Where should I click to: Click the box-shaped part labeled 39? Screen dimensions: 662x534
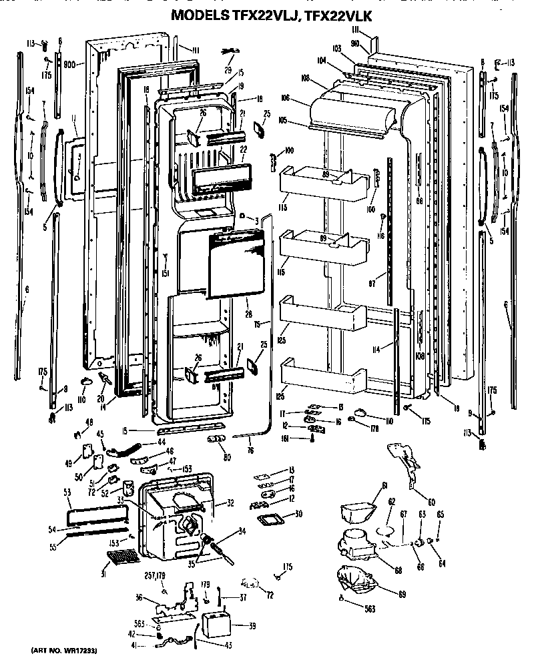[217, 625]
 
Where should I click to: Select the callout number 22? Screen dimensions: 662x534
[244, 149]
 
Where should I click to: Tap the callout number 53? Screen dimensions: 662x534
[67, 492]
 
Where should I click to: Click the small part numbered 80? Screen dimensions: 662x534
[215, 438]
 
